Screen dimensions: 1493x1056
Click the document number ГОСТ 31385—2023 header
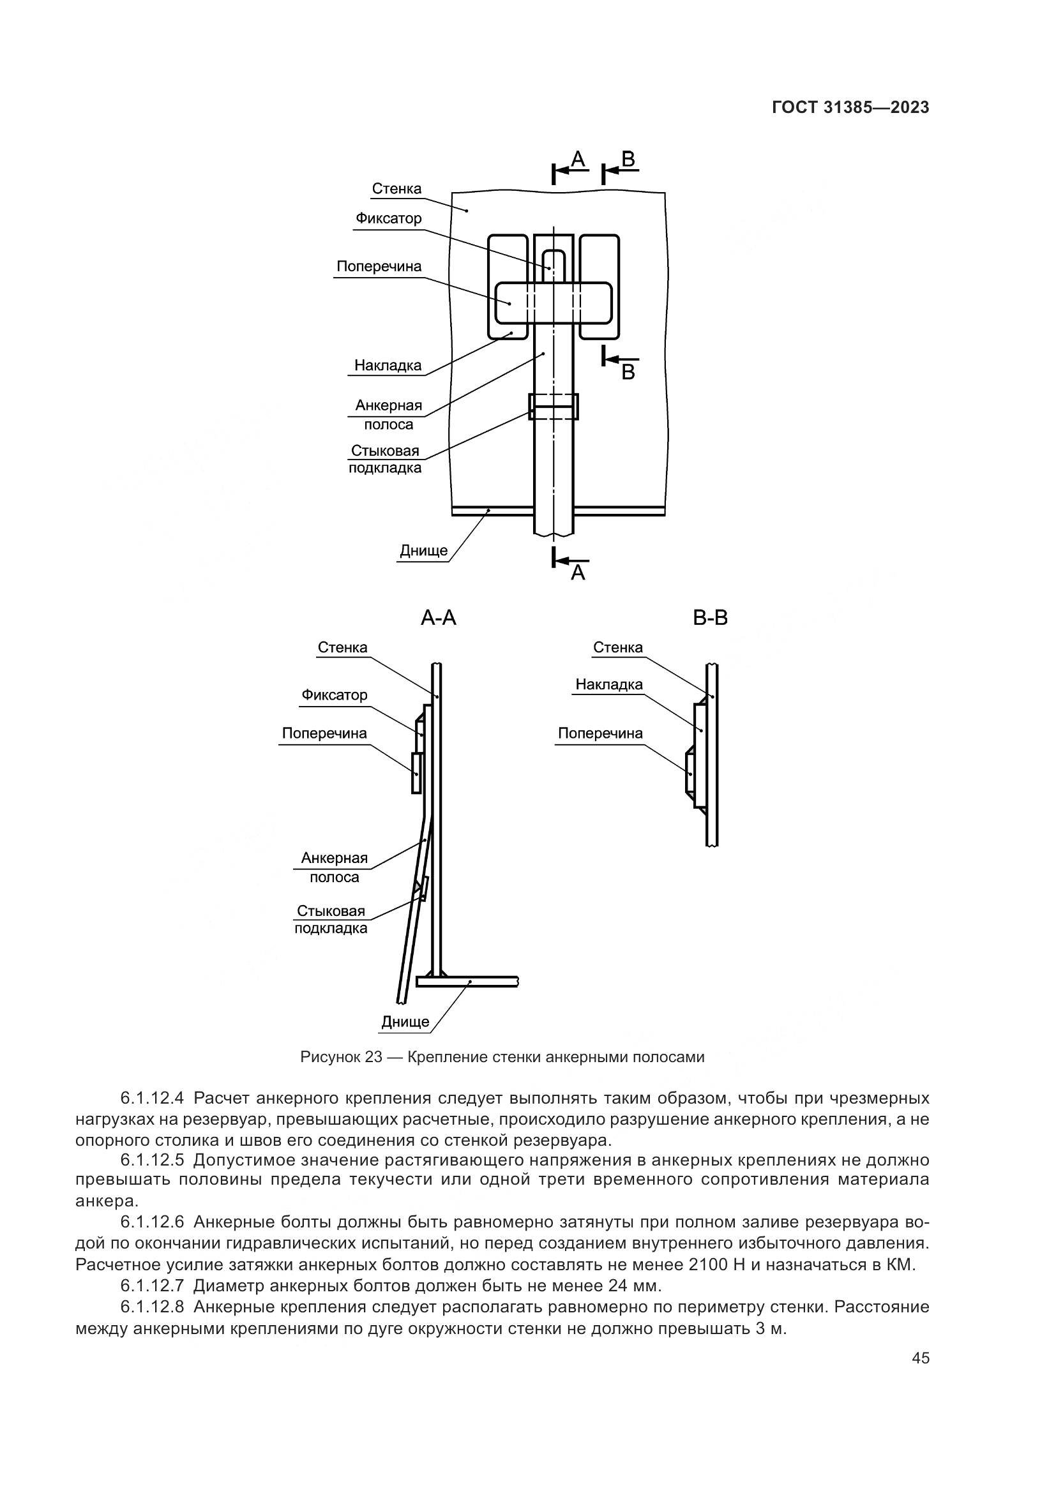(850, 108)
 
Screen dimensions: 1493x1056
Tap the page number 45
(921, 1358)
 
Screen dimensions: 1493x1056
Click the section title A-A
(438, 618)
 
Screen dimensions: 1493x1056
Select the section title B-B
(710, 618)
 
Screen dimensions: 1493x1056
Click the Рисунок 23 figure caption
(502, 1057)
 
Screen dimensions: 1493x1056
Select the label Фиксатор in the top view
(388, 218)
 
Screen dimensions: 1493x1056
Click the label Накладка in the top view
(388, 366)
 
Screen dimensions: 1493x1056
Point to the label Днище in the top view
(423, 551)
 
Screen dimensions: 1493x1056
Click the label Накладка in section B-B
(608, 685)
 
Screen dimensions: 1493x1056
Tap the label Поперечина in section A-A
(324, 733)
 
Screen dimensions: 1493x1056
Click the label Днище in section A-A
(405, 1021)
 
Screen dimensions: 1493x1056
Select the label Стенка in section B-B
(618, 648)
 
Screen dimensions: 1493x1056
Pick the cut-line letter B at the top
(628, 159)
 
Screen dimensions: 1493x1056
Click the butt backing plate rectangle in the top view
(554, 407)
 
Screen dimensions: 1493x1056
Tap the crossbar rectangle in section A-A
(416, 772)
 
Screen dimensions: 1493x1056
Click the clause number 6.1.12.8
(152, 1307)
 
